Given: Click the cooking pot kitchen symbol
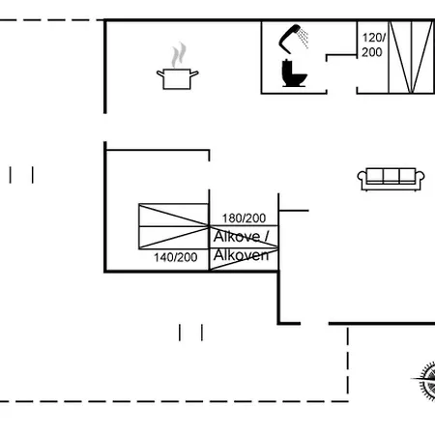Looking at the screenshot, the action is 177,78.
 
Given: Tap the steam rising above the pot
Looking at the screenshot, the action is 179,55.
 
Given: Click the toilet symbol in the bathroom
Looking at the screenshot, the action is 294,73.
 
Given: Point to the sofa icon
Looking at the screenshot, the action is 391,179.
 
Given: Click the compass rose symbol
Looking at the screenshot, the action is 425,381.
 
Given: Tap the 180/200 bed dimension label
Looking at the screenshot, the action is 244,218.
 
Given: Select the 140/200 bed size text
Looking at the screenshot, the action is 175,257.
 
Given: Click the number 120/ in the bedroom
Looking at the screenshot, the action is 374,38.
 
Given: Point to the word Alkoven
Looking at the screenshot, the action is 241,255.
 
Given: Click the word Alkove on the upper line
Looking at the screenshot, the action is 237,237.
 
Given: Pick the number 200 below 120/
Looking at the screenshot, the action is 372,52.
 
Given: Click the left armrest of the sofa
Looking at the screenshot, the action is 362,180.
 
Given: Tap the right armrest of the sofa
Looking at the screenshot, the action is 420,180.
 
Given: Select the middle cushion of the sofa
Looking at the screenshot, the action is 391,176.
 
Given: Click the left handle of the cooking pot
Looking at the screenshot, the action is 160,73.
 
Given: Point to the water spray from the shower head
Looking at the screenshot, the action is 303,38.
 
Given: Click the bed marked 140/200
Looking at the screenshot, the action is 174,226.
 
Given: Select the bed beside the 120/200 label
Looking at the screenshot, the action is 411,57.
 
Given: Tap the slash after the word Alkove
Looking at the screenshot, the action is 266,237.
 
